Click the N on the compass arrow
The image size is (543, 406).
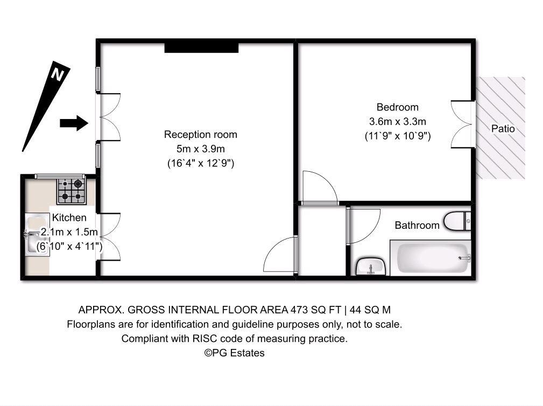click(57, 74)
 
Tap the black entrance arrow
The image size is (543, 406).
click(74, 123)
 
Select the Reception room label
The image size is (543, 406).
click(200, 135)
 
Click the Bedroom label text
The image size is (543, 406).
click(397, 107)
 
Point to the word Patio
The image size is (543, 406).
click(503, 129)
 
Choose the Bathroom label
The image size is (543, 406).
click(417, 225)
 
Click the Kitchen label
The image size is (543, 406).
click(69, 218)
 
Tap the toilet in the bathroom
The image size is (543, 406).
click(457, 221)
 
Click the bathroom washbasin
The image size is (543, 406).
click(370, 266)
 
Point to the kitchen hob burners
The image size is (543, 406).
click(72, 191)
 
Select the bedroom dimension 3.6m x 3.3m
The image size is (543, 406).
click(397, 121)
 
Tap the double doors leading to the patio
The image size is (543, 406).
click(462, 124)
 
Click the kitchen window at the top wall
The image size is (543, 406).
click(60, 176)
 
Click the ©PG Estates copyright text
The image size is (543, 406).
click(234, 353)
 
